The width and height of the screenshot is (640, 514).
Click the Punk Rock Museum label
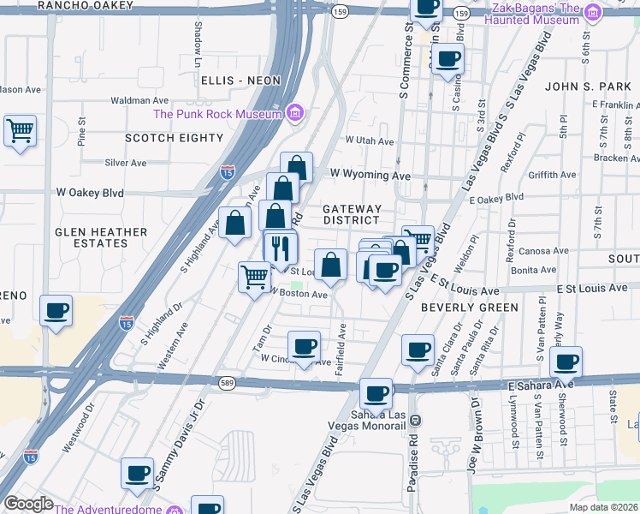point(217,114)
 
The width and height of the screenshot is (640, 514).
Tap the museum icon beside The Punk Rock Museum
point(295,113)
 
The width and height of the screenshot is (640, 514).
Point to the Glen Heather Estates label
point(91,237)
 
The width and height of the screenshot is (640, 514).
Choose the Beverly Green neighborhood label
point(470,308)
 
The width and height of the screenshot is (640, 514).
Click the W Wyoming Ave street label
point(370,174)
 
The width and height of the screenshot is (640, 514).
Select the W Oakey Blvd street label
point(90,193)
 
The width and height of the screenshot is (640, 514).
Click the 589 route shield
point(227,382)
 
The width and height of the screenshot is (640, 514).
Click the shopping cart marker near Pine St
point(20,131)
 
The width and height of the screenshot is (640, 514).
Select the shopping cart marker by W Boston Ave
point(254,278)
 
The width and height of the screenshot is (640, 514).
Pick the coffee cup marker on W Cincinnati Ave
point(304,347)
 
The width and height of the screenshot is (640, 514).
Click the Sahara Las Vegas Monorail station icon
point(414,420)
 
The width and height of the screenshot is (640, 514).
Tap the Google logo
point(28,504)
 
